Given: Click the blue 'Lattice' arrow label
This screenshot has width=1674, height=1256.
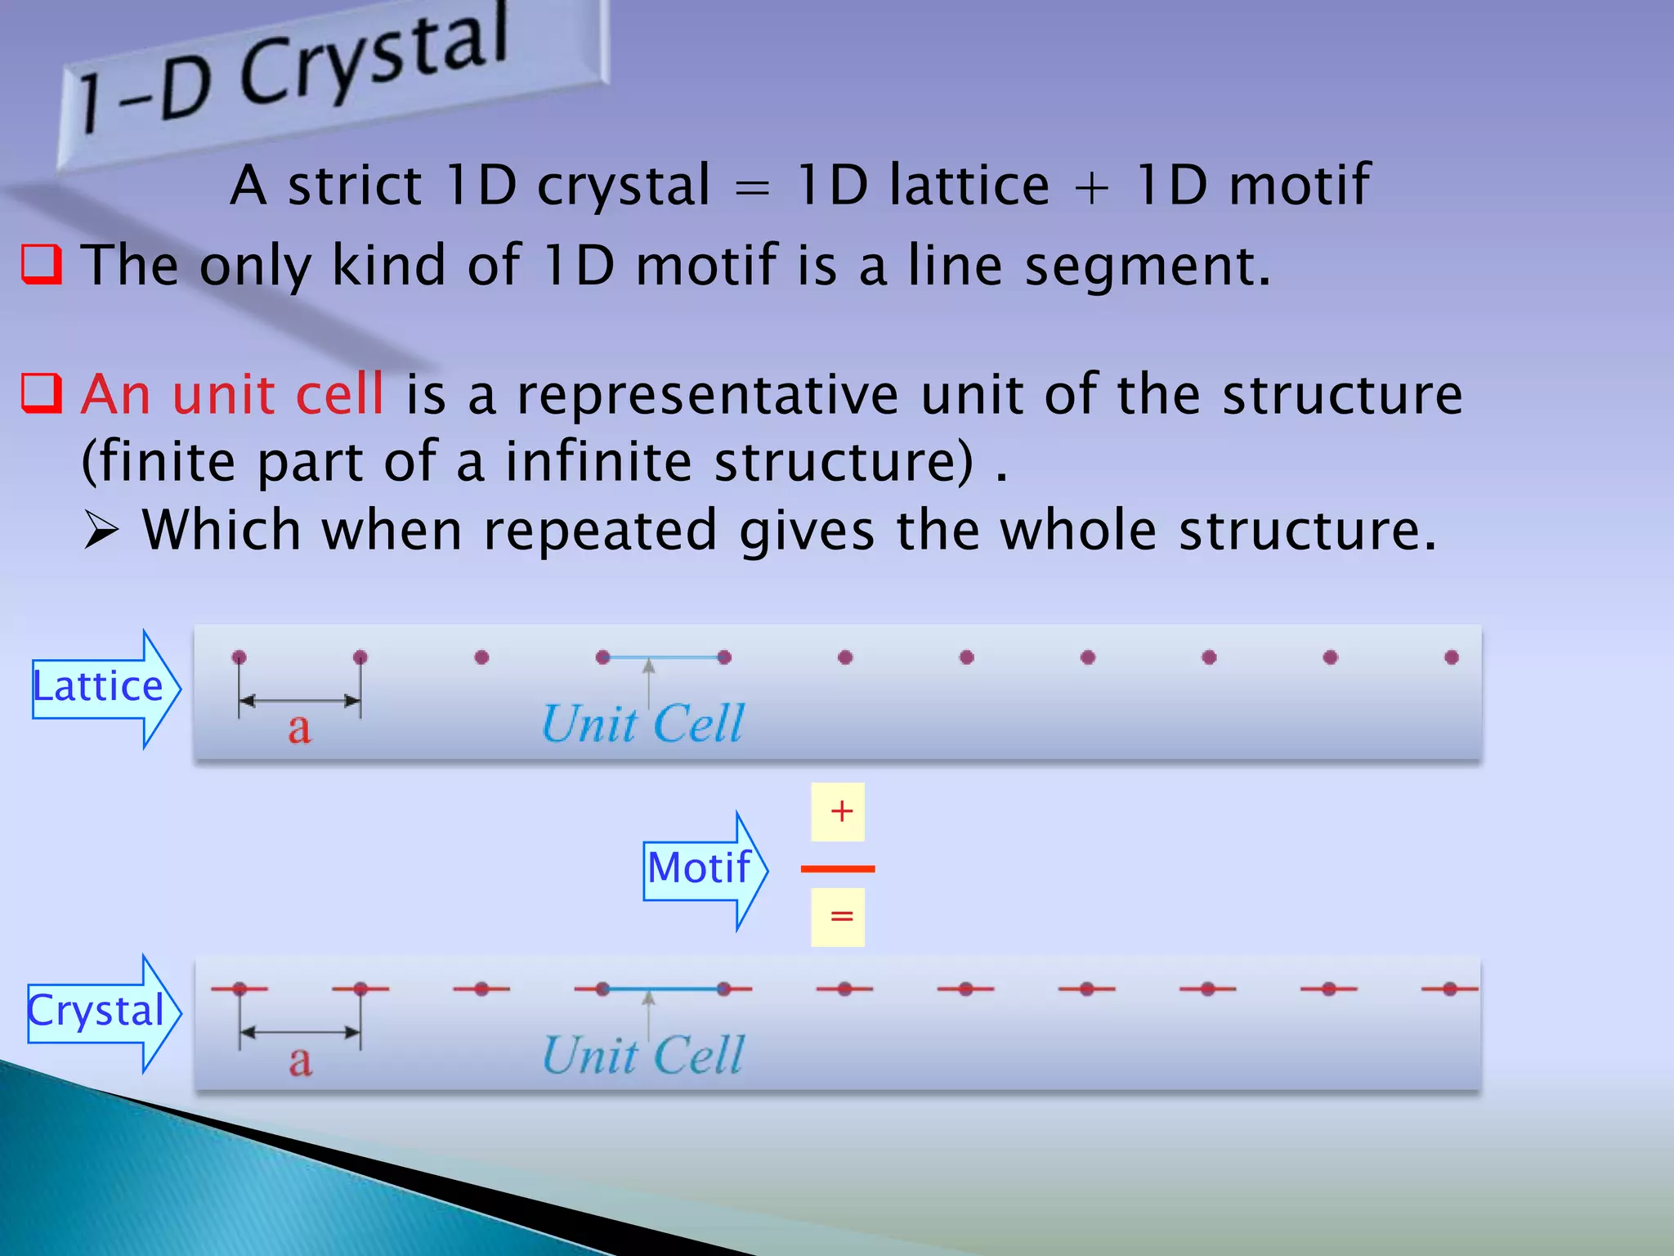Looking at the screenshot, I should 98,687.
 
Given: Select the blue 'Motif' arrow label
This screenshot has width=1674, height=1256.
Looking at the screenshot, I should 699,868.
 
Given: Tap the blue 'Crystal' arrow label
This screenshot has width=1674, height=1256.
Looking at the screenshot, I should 96,1012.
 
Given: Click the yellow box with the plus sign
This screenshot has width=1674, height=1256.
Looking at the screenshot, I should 838,812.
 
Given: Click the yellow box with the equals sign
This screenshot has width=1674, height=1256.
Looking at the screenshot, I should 838,917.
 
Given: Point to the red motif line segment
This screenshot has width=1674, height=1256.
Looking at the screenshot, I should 838,868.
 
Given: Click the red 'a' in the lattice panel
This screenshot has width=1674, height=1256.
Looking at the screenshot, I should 299,728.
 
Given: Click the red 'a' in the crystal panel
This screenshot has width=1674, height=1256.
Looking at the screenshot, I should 300,1061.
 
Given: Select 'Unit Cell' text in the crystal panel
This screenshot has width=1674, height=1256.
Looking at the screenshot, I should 643,1056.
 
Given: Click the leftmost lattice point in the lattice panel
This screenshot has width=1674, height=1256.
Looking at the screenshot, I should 239,657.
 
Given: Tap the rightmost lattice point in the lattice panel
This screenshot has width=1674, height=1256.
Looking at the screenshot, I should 1452,657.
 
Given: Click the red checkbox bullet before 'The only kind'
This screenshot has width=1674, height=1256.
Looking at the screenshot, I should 41,264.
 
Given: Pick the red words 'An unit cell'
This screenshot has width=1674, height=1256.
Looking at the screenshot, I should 232,394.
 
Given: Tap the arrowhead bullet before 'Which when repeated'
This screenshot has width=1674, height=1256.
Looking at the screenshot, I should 101,532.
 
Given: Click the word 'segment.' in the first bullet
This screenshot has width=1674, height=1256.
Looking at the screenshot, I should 1148,267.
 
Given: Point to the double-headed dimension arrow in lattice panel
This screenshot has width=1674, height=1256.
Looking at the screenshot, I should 299,701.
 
